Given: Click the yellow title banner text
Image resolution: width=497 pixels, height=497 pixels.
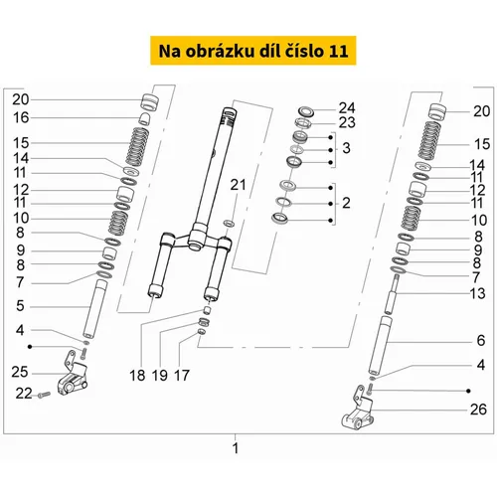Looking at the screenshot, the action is tap(253, 51).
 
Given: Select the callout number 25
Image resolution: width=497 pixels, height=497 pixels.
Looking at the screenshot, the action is tap(20, 372).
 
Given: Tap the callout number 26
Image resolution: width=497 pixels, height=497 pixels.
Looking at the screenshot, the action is tap(478, 410).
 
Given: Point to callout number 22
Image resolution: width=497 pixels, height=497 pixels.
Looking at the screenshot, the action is tap(24, 394).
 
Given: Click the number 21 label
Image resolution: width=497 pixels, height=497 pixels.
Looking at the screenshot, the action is tap(239, 185).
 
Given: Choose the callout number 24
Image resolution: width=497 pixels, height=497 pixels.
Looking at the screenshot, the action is tap(347, 108).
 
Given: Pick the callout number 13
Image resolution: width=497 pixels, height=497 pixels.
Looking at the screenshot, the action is tap(478, 293).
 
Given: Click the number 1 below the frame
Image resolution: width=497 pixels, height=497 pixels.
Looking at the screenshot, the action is tap(236, 448).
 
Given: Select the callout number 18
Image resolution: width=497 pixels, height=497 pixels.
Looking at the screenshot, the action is tap(137, 376).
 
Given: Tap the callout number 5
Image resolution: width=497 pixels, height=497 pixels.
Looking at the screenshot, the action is tap(20, 305).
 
